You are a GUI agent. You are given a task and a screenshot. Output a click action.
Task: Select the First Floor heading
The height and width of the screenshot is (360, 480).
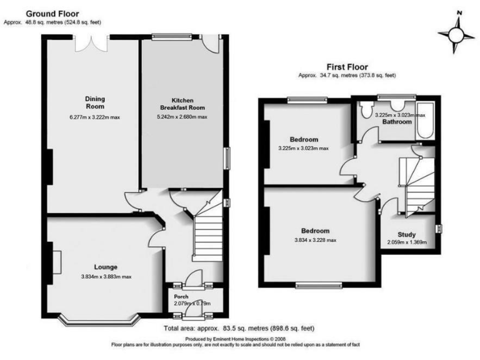[x=347, y=67]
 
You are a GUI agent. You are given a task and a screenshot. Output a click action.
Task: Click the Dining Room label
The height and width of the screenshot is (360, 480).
[x=95, y=102]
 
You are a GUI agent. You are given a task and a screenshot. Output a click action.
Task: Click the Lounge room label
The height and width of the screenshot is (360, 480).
[x=106, y=267]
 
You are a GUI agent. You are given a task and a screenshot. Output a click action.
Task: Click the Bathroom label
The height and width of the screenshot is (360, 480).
[x=397, y=122]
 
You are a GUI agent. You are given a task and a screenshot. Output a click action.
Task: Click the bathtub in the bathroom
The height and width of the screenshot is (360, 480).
[x=426, y=119]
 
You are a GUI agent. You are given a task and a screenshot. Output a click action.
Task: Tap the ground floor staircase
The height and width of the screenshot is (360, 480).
[x=205, y=234]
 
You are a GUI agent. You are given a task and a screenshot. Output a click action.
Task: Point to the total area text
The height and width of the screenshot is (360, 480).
[x=238, y=328]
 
